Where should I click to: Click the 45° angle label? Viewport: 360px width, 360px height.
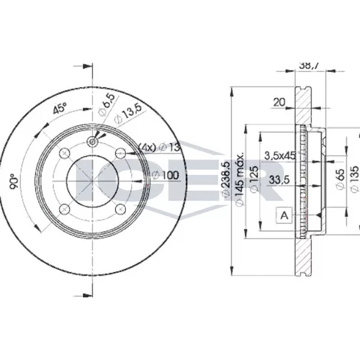(60, 108)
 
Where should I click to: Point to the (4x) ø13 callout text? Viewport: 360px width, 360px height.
(160, 147)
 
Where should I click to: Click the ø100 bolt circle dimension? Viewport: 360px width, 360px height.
(166, 176)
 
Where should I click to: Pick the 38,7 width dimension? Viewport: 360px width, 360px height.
(310, 66)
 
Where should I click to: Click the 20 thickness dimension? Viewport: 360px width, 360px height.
(279, 102)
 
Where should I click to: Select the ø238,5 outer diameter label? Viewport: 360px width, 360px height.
(226, 179)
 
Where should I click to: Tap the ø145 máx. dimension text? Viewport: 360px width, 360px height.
(240, 179)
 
